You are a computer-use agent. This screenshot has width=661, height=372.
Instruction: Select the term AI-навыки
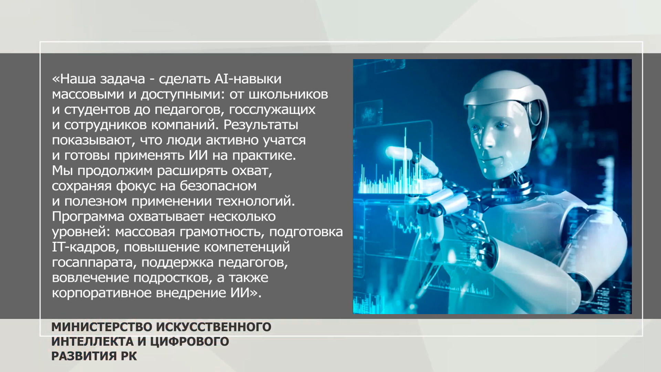(248, 79)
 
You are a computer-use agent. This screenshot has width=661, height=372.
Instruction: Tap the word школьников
(288, 94)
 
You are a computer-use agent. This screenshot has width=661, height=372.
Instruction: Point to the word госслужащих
(272, 110)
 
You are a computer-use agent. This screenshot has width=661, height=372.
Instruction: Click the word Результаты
(261, 125)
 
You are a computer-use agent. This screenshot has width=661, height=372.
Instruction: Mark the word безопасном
(218, 186)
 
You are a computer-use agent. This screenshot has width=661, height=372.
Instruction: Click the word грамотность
(222, 232)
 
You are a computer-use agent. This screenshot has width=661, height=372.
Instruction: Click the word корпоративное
(102, 293)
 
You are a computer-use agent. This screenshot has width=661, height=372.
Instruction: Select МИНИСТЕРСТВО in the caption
(102, 327)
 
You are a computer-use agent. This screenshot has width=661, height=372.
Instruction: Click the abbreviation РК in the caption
(128, 356)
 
